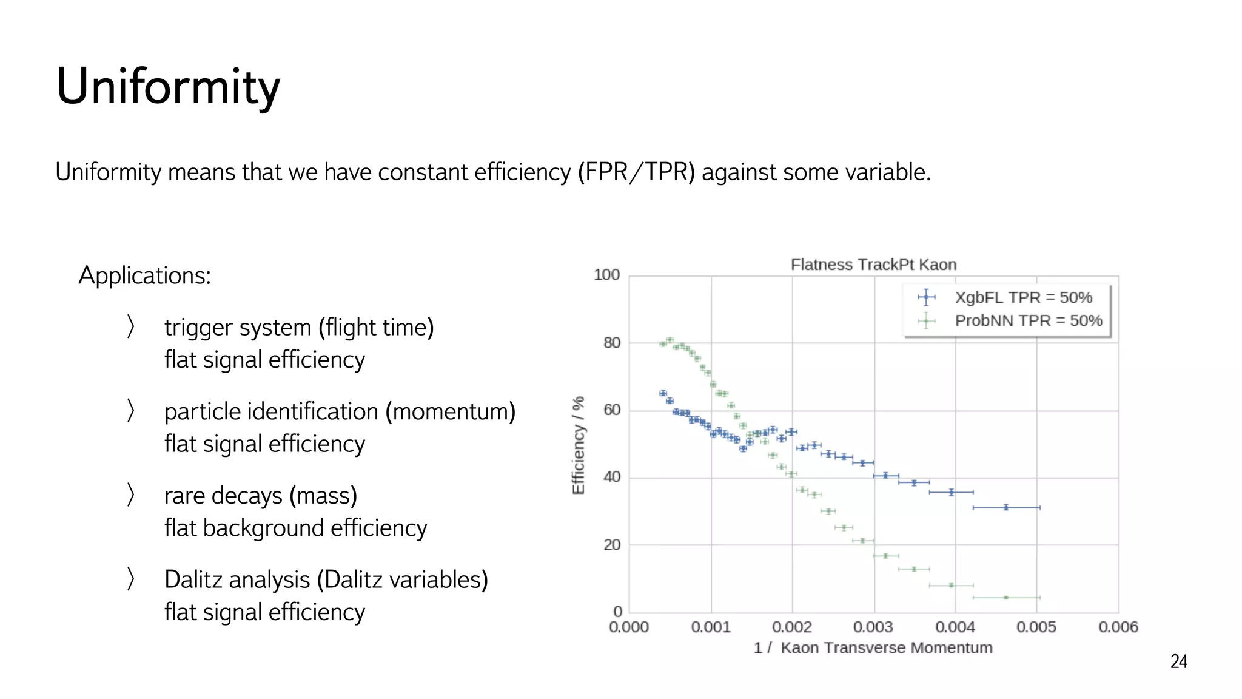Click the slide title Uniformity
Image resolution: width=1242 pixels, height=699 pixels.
pyautogui.click(x=168, y=87)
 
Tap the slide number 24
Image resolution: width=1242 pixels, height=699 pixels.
pyautogui.click(x=1178, y=661)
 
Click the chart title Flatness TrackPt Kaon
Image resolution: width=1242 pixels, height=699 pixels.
pyautogui.click(x=873, y=265)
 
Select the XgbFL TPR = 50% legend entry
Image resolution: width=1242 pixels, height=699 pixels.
pyautogui.click(x=1023, y=297)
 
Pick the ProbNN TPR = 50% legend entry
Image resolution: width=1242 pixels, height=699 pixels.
pyautogui.click(x=1028, y=320)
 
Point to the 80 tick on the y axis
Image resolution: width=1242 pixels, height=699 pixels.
pyautogui.click(x=612, y=343)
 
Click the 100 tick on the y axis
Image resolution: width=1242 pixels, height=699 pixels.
pyautogui.click(x=606, y=275)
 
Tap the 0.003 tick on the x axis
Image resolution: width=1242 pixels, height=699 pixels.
pyautogui.click(x=873, y=627)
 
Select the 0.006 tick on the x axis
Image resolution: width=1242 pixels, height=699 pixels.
pyautogui.click(x=1118, y=627)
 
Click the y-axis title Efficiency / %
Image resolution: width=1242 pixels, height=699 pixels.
pyautogui.click(x=579, y=445)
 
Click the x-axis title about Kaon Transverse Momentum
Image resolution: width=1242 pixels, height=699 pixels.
pyautogui.click(x=873, y=648)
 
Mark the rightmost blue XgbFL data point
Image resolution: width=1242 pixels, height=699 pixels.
pyautogui.click(x=1006, y=507)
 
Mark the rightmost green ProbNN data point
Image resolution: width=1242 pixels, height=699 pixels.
pyautogui.click(x=1006, y=598)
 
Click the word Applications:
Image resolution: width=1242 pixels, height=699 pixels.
pyautogui.click(x=145, y=275)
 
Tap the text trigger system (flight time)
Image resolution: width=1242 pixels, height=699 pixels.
pyautogui.click(x=299, y=328)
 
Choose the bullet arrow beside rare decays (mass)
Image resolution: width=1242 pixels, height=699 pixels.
pyautogui.click(x=130, y=495)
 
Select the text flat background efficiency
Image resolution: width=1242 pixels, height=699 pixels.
pyautogui.click(x=295, y=528)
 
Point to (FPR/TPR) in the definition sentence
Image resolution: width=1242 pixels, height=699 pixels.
pyautogui.click(x=636, y=172)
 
